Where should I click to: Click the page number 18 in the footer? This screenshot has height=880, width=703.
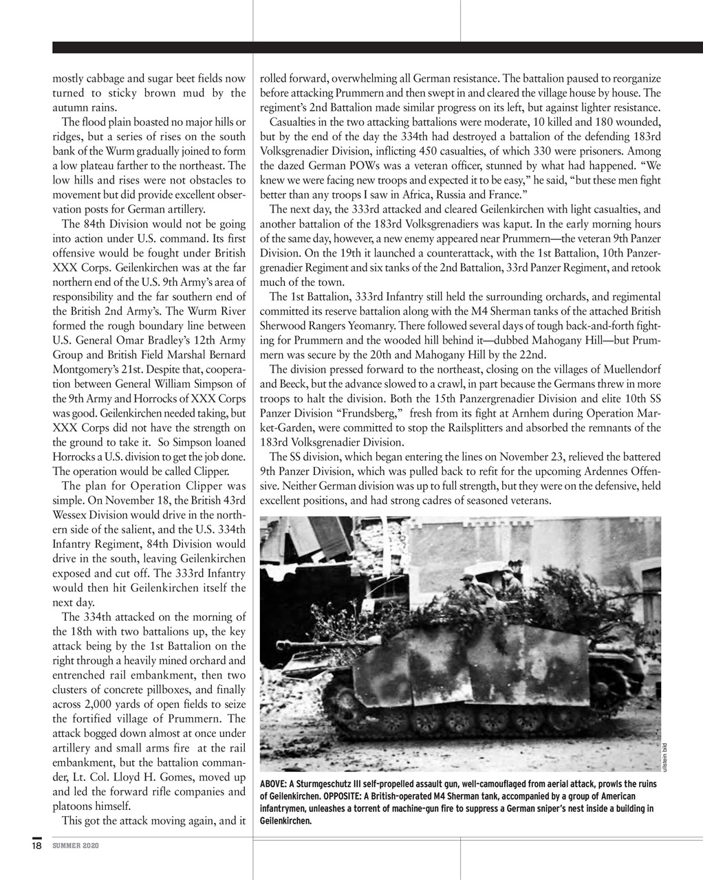pyautogui.click(x=36, y=845)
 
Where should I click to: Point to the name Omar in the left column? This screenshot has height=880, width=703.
pyautogui.click(x=131, y=340)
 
